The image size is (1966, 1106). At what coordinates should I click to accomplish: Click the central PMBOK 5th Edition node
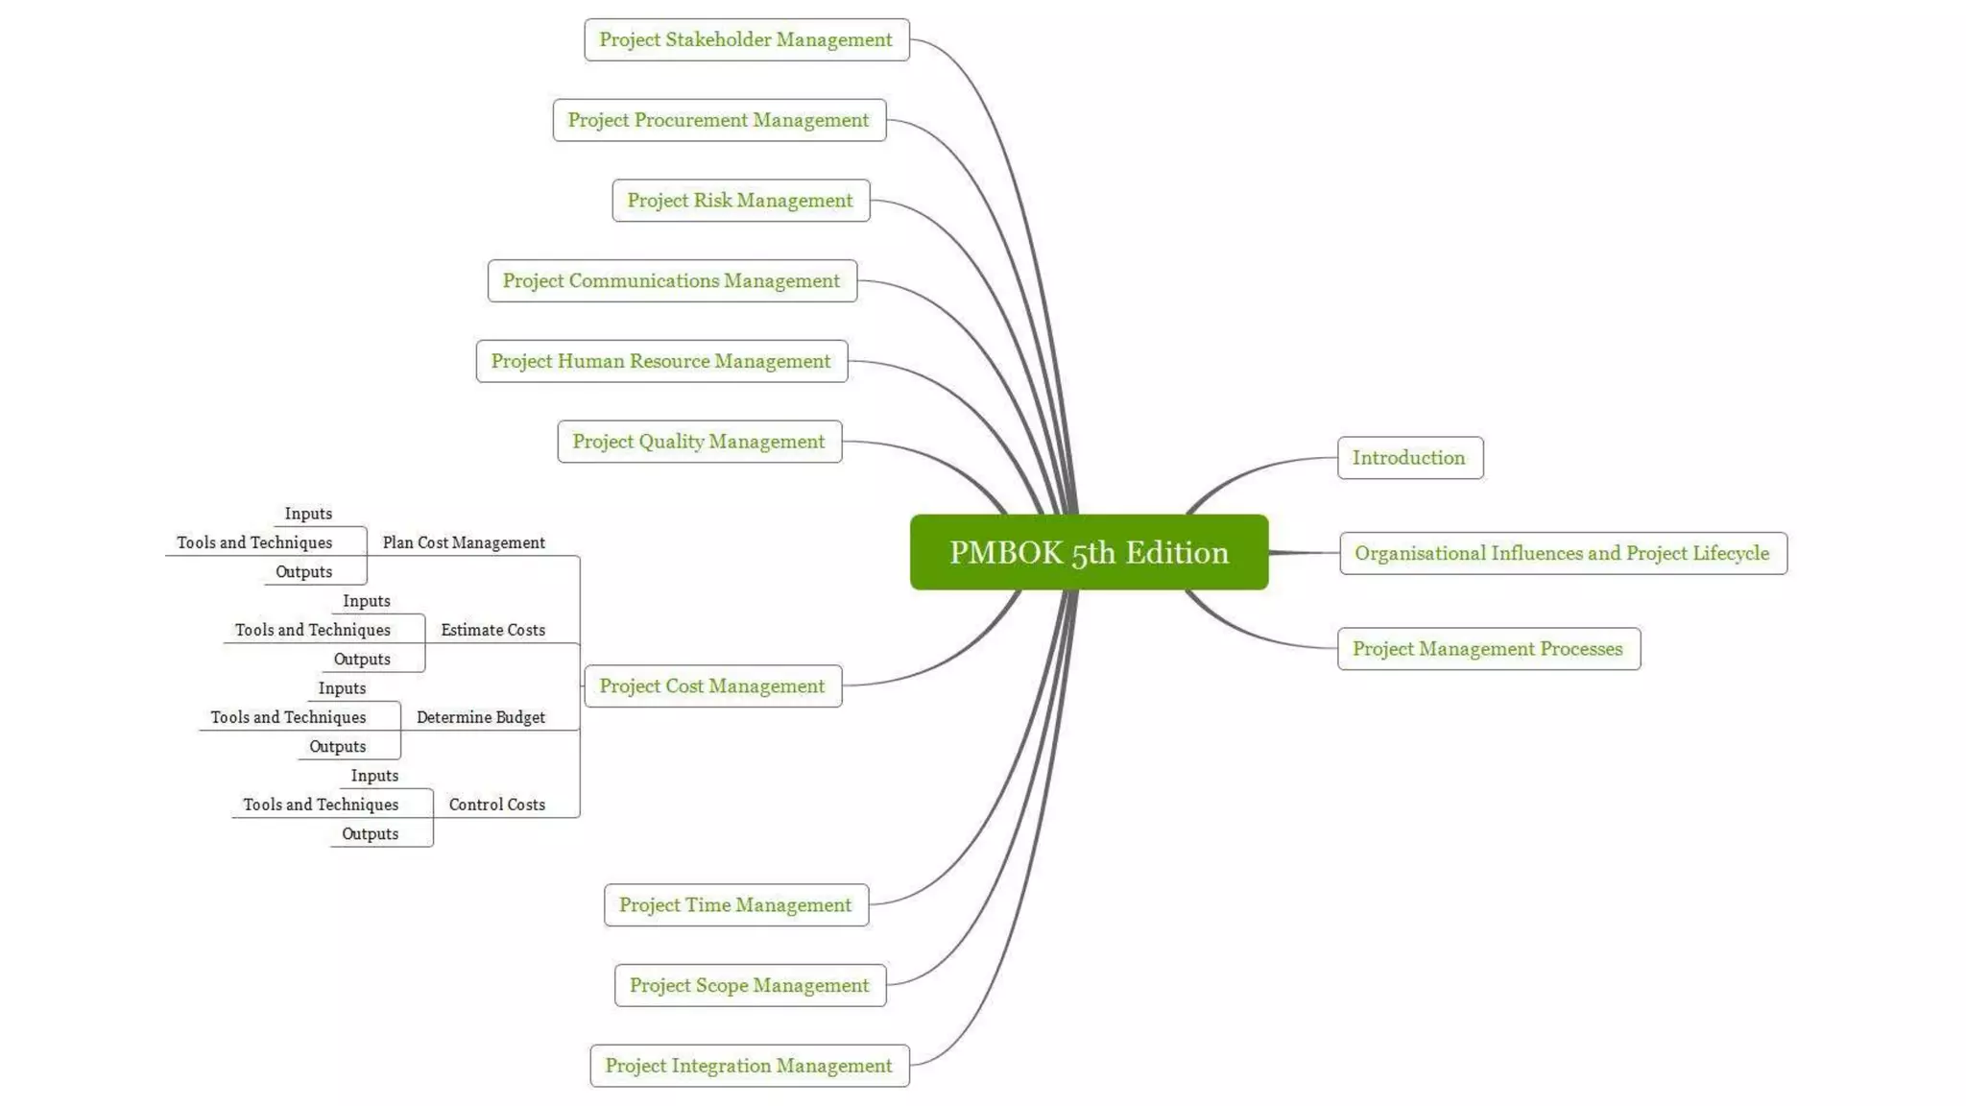[1089, 552]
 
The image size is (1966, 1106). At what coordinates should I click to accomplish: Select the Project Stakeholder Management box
[746, 39]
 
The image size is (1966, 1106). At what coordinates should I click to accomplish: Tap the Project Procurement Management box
[719, 120]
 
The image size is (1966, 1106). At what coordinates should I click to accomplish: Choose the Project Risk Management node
[740, 201]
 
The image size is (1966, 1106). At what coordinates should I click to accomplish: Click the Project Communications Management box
[672, 280]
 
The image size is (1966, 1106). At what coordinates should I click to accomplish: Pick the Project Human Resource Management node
[661, 361]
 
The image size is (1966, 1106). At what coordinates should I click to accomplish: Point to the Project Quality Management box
[699, 442]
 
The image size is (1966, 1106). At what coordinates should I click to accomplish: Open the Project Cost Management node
[712, 685]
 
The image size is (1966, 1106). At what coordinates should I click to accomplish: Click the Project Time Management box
[735, 904]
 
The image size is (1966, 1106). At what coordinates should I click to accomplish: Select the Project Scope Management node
[750, 985]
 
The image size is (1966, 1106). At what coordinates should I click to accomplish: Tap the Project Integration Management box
[749, 1066]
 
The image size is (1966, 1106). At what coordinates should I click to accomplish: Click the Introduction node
[1409, 458]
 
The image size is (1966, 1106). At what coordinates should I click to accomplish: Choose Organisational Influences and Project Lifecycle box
[1562, 553]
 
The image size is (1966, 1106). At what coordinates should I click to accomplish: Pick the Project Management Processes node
[1488, 649]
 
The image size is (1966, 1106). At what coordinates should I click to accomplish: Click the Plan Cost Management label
[464, 542]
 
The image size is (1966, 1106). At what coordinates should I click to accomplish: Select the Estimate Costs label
[492, 630]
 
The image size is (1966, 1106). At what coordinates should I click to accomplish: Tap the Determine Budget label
[480, 717]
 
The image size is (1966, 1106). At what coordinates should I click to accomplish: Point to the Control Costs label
[496, 805]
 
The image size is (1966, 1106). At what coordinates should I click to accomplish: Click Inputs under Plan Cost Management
[308, 514]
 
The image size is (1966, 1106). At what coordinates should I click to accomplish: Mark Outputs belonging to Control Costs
[370, 833]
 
